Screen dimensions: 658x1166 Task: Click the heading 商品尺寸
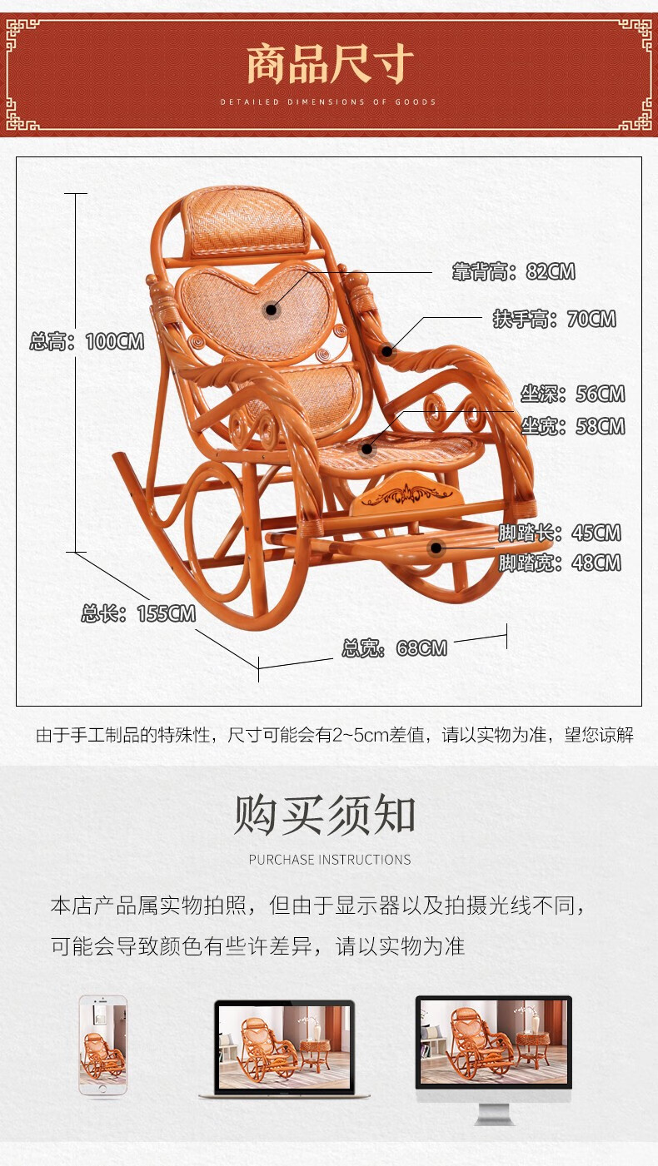click(330, 65)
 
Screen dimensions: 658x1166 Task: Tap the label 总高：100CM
click(87, 341)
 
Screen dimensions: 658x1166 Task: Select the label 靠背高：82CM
click(513, 272)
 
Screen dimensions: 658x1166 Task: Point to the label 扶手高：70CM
click(554, 319)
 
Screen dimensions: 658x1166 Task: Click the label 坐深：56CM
click(572, 394)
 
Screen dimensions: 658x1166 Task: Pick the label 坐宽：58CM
click(572, 427)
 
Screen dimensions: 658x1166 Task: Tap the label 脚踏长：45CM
click(560, 533)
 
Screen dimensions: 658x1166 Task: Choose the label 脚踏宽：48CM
click(560, 563)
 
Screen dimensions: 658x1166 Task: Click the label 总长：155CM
click(138, 614)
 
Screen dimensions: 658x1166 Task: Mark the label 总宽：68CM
click(394, 648)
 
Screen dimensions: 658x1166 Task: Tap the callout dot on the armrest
click(386, 351)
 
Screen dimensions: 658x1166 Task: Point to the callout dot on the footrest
click(436, 548)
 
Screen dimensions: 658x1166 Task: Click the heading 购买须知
click(325, 814)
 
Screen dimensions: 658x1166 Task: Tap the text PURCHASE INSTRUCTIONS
click(330, 860)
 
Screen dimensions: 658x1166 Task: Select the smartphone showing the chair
click(103, 1044)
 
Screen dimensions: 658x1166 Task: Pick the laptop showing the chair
click(284, 1049)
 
